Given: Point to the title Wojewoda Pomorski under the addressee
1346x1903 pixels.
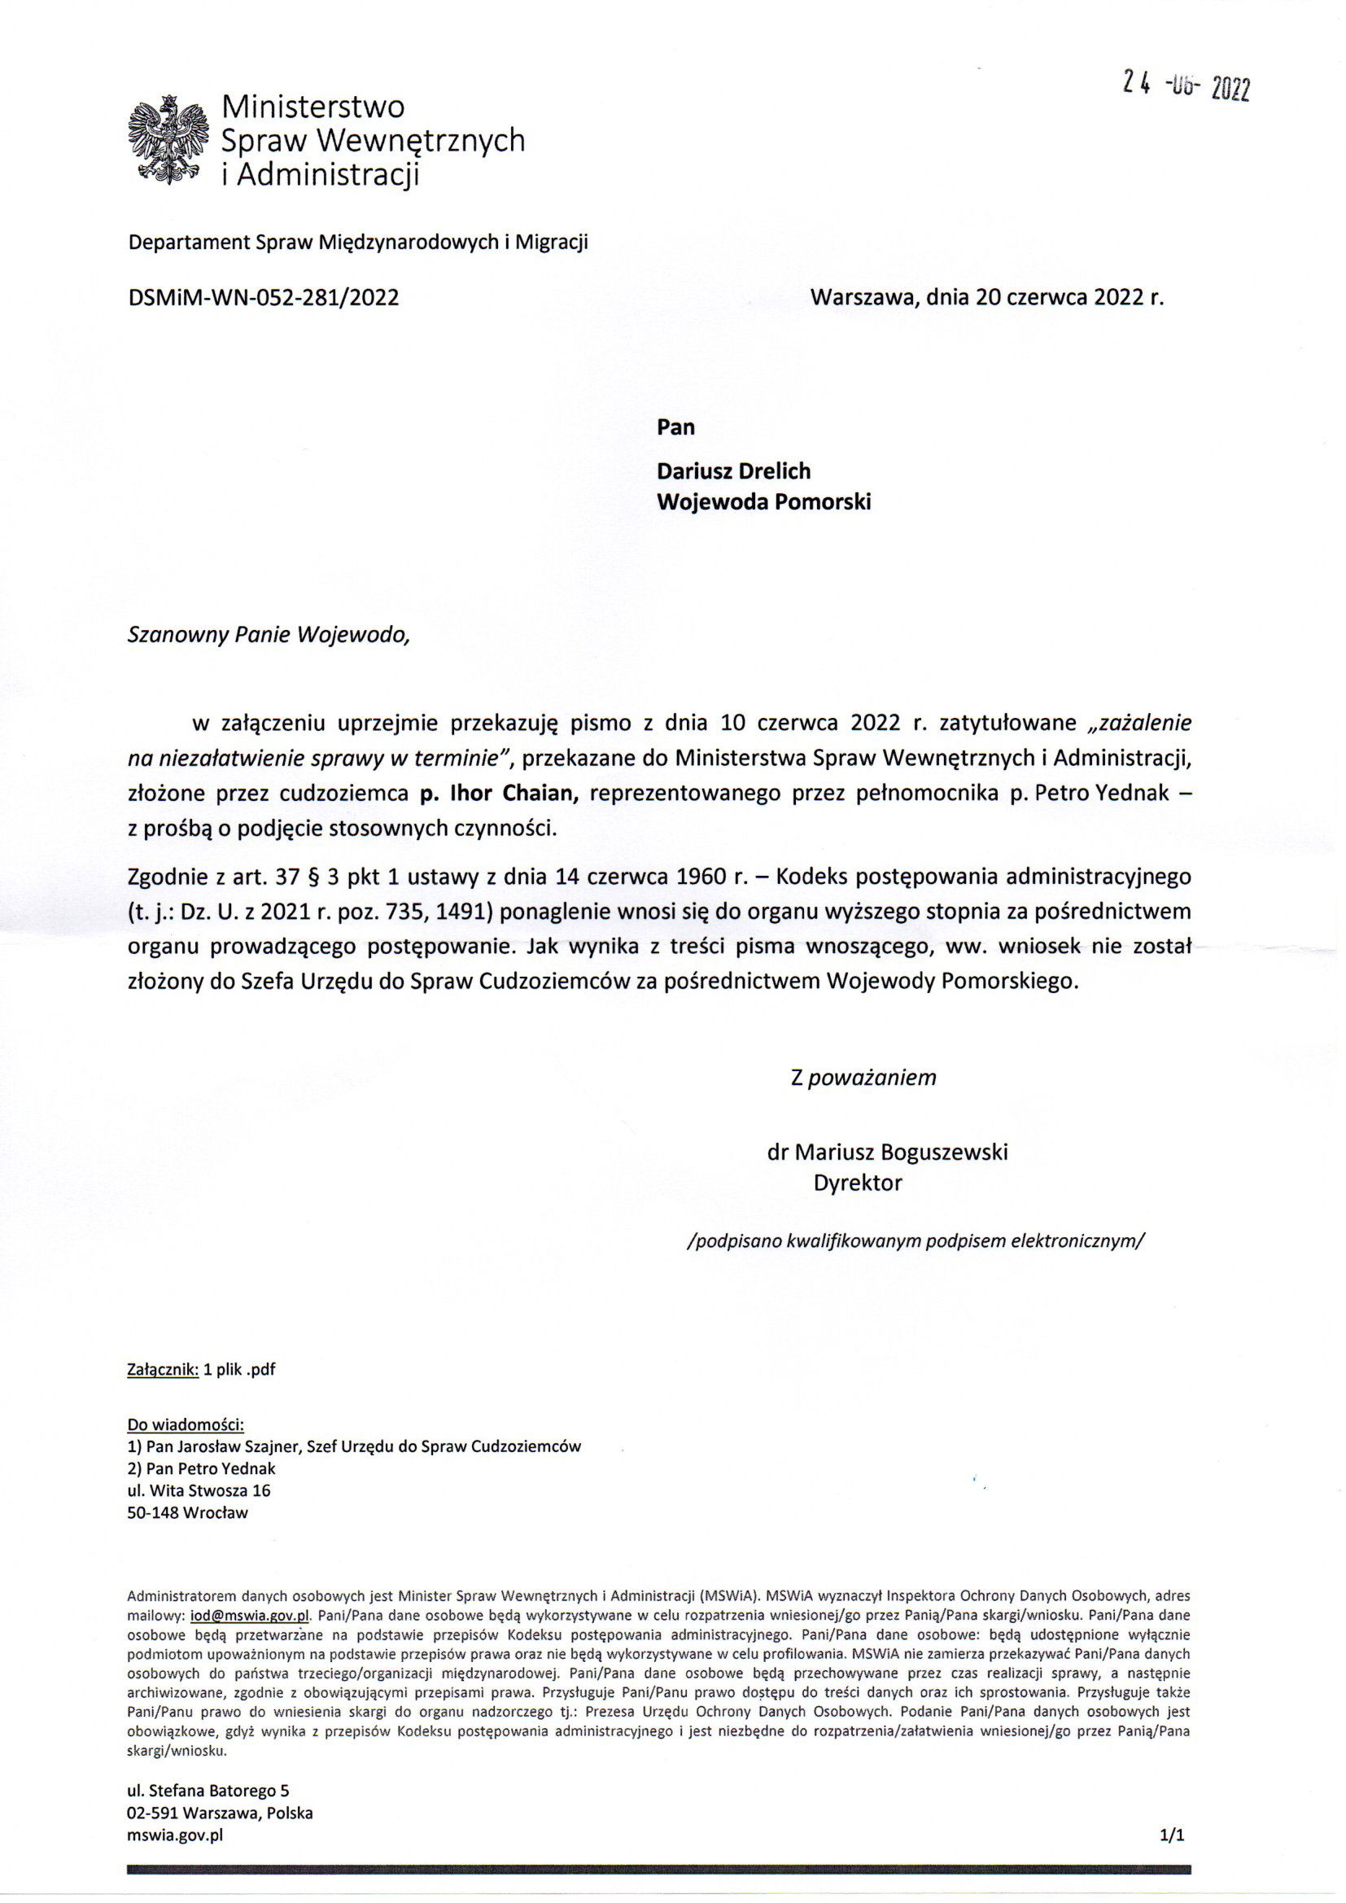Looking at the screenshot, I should pos(763,501).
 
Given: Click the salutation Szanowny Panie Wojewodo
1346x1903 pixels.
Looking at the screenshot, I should pos(269,635).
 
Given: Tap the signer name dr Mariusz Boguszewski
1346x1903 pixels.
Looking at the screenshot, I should pos(887,1152).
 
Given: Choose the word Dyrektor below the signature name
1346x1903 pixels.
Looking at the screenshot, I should pos(857,1183).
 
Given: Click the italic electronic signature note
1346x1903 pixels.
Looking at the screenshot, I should pos(916,1240).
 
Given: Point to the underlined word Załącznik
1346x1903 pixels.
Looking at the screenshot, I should pos(163,1369).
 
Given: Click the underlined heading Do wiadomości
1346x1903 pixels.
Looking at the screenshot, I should pos(186,1424).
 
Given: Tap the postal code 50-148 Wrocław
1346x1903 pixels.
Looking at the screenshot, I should pos(187,1511).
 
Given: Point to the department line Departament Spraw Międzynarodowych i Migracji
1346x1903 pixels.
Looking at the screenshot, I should pos(357,242).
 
